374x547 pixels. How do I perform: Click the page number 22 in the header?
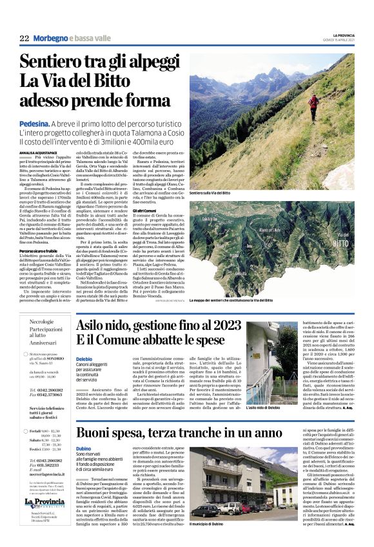(x=24, y=39)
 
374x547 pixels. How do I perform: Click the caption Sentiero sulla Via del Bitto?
(x=210, y=192)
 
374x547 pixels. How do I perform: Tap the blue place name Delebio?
(x=84, y=358)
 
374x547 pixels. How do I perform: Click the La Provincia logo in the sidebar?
(x=45, y=503)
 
